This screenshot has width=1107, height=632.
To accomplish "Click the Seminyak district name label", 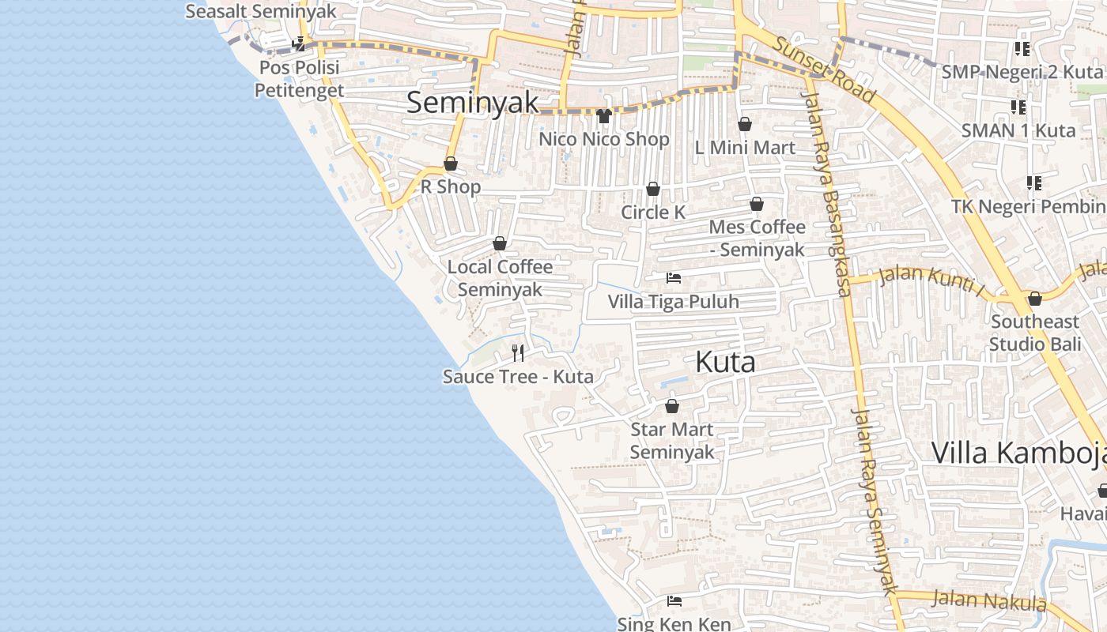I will (472, 103).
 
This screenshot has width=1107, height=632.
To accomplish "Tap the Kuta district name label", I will (725, 362).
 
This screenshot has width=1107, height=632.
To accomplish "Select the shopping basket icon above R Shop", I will (451, 164).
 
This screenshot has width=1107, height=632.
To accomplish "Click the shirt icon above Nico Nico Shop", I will (604, 116).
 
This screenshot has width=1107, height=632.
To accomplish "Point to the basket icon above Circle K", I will (653, 189).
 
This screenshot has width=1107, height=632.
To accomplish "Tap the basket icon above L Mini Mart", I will (745, 124).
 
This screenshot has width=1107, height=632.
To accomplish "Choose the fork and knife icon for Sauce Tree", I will (518, 352).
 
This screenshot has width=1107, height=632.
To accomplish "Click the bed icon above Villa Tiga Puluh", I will (674, 278).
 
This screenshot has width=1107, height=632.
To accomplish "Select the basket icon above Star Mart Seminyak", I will (672, 406).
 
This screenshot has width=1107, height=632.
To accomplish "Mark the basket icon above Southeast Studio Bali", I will (1034, 299).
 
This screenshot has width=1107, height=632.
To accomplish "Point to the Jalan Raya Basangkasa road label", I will (827, 194).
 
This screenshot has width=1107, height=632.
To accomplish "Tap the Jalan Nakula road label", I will (988, 602).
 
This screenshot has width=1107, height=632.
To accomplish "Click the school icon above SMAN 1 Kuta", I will (1018, 107).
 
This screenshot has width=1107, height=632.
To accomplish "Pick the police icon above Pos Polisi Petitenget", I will (299, 44).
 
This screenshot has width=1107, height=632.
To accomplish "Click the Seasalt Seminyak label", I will (261, 11).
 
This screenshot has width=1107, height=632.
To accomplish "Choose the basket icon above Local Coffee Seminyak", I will (500, 243).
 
